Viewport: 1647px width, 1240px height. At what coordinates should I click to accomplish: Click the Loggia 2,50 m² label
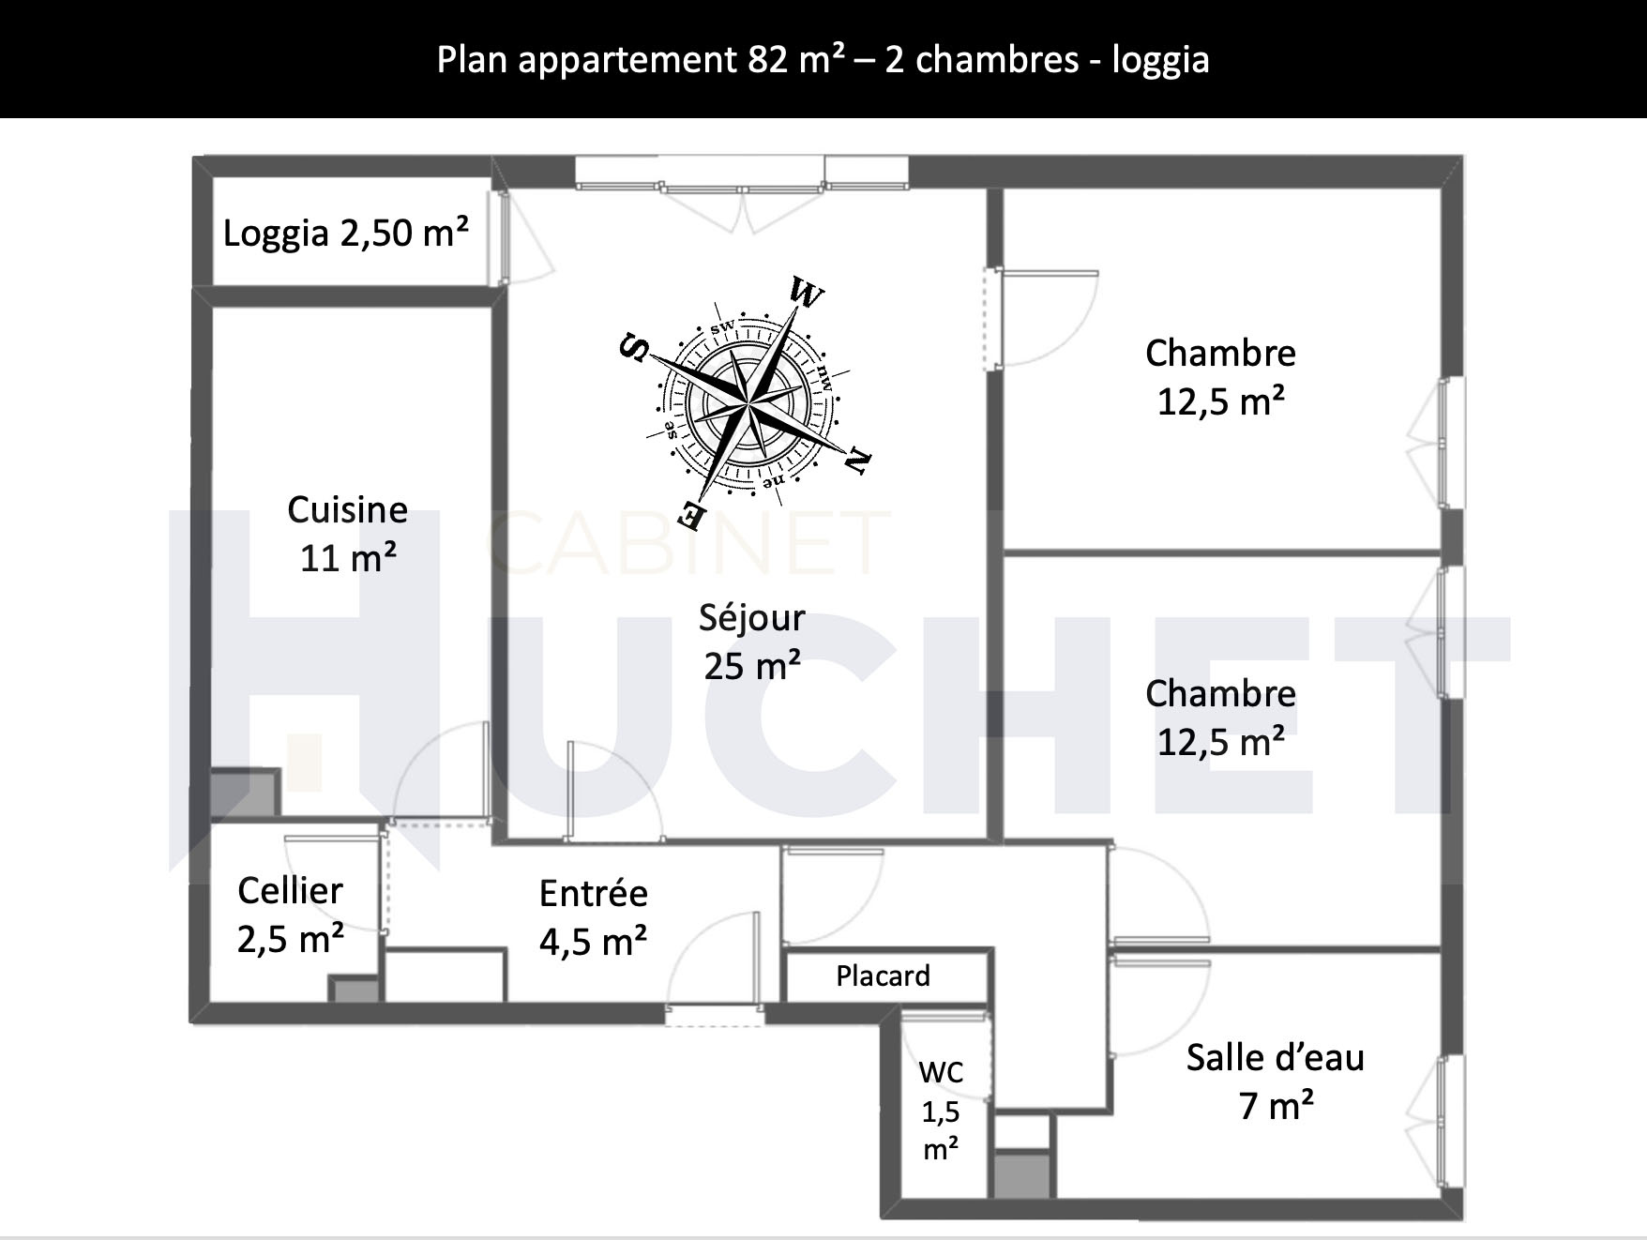pyautogui.click(x=346, y=233)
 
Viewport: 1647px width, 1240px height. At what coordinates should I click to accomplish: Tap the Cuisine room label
pyautogui.click(x=347, y=534)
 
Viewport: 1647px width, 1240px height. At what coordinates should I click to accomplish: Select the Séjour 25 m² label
pyautogui.click(x=752, y=642)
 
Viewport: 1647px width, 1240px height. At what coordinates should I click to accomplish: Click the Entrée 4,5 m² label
pyautogui.click(x=593, y=917)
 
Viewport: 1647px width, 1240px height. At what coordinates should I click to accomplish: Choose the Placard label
pyautogui.click(x=883, y=976)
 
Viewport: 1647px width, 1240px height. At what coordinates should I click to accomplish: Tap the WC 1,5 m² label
pyautogui.click(x=941, y=1111)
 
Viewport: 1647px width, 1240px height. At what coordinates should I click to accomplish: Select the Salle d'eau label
pyautogui.click(x=1276, y=1081)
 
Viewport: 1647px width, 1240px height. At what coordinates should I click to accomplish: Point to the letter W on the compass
pyautogui.click(x=806, y=293)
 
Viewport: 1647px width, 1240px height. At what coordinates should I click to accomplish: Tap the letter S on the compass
pyautogui.click(x=635, y=348)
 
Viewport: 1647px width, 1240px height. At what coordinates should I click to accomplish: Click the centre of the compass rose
pyautogui.click(x=748, y=404)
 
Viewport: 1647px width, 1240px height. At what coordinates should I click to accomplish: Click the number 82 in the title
pyautogui.click(x=767, y=59)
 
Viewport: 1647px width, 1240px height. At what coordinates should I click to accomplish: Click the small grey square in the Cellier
pyautogui.click(x=355, y=990)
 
